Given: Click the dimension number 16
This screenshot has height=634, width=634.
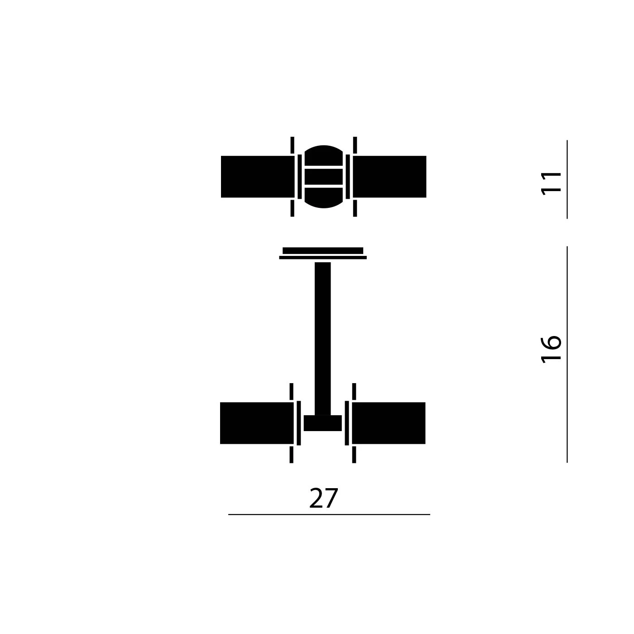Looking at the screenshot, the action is tap(551, 349).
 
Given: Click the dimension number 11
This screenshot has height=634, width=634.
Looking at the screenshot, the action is tap(551, 183).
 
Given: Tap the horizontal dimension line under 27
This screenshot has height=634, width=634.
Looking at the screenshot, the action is tap(329, 514).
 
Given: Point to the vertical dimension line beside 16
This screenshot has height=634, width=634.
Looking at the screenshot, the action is tap(567, 354).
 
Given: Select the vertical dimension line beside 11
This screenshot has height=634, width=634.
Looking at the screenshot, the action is tap(567, 179).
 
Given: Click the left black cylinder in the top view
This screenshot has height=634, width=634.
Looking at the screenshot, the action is tap(258, 177).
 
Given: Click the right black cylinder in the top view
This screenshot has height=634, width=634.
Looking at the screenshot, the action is tap(389, 177).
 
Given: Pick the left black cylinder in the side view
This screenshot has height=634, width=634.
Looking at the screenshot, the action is tap(257, 423).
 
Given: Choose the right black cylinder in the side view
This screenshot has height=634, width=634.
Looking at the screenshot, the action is tap(389, 423).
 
